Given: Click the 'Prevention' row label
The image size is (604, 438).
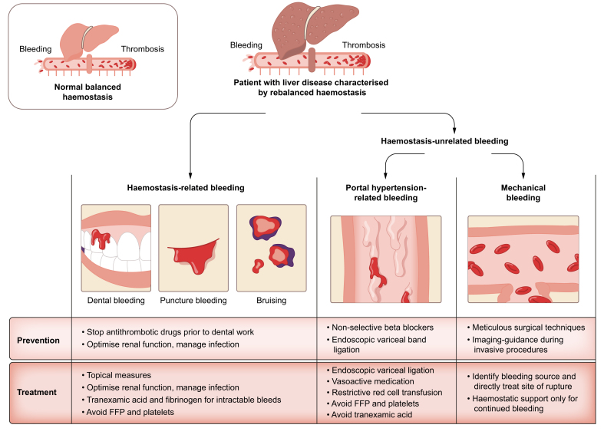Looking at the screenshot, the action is (x=38, y=341).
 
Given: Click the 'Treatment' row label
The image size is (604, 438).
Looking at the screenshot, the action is (x=37, y=392).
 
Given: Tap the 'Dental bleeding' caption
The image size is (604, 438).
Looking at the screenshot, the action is (x=116, y=300).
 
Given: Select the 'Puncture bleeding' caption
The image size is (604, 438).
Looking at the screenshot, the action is (x=193, y=300).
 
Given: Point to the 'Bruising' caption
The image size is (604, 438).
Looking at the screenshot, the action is (x=272, y=300).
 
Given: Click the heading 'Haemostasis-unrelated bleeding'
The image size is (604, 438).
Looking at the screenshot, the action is (x=444, y=141).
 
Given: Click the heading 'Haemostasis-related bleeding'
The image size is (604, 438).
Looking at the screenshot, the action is (x=186, y=188).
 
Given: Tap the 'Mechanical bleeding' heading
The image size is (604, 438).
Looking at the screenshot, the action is (x=523, y=193).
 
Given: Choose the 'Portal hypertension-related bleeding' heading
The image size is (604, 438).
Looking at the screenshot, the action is (x=386, y=193).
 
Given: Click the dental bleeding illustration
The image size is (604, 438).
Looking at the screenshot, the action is (x=116, y=248).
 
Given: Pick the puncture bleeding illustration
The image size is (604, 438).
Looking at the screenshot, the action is (x=193, y=248).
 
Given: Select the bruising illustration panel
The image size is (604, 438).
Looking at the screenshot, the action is (x=272, y=248).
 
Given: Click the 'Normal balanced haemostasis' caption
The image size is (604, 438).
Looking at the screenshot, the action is (x=87, y=92).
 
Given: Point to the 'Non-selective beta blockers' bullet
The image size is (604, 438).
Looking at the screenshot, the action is (x=380, y=328).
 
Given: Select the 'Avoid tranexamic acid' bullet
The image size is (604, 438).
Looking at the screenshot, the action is (x=369, y=414).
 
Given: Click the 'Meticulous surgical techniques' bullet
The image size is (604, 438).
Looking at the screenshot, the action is (x=526, y=328).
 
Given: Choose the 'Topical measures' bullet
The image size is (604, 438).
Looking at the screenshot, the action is (x=117, y=375).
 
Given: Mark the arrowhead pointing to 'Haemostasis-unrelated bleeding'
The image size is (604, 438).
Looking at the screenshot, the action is (x=454, y=130).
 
